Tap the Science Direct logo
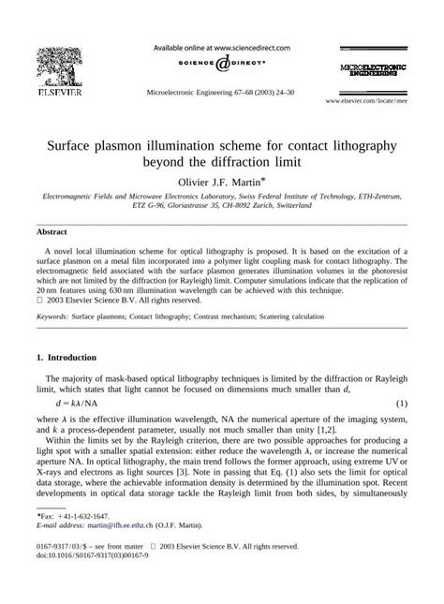(x=221, y=65)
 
